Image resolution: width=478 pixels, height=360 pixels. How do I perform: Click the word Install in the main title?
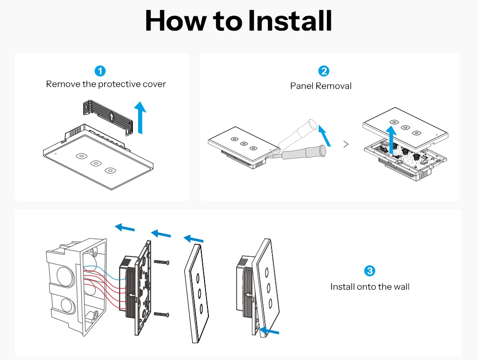click(290, 21)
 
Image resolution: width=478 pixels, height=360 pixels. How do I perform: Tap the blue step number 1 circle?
click(100, 71)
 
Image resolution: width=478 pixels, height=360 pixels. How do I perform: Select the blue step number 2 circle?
click(324, 71)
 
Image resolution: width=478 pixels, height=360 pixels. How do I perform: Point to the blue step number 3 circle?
click(369, 271)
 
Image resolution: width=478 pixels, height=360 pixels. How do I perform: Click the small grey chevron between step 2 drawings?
click(346, 144)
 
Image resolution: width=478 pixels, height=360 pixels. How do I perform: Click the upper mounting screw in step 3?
click(162, 262)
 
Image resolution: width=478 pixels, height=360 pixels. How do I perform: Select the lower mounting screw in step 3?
click(162, 315)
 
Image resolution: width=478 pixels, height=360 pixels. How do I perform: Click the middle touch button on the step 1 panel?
click(96, 163)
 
